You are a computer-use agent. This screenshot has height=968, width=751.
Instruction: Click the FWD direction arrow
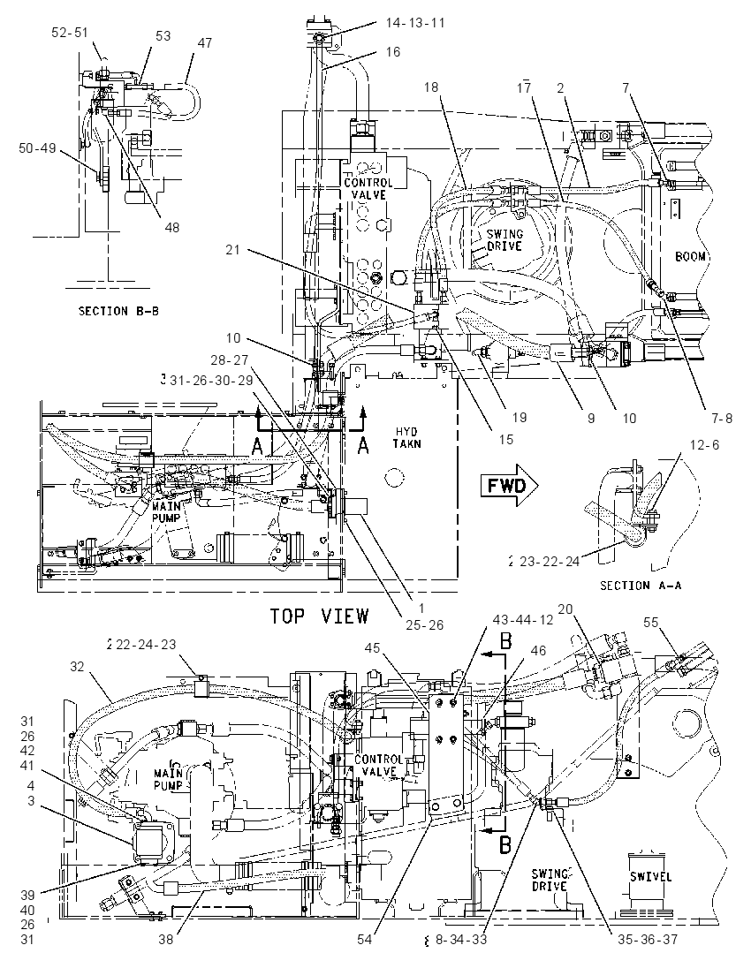510,485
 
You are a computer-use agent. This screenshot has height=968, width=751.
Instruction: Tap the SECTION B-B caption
118,311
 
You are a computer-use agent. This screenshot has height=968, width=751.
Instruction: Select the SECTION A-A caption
641,586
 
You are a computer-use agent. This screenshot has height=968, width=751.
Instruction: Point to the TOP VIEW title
319,616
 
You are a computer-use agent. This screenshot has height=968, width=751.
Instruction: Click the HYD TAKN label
406,438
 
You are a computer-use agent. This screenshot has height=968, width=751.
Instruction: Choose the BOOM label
690,256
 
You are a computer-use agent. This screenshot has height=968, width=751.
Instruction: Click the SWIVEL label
651,876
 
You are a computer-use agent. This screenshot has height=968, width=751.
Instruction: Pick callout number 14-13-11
415,23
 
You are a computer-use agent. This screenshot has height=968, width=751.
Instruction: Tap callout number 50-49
37,148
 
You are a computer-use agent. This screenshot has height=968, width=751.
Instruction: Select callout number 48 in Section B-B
171,227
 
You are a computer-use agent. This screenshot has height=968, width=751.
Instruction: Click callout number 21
232,249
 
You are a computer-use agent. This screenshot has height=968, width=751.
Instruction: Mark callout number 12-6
705,444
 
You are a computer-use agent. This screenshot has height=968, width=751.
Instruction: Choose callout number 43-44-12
523,619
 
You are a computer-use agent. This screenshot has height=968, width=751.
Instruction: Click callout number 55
651,622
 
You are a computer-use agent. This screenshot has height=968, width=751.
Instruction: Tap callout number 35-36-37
648,940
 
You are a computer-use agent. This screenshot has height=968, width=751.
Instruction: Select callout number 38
166,940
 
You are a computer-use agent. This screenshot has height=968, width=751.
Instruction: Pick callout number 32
77,667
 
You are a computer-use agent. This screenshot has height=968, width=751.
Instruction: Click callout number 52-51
70,34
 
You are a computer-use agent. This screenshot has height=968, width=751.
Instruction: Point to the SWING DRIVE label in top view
504,239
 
